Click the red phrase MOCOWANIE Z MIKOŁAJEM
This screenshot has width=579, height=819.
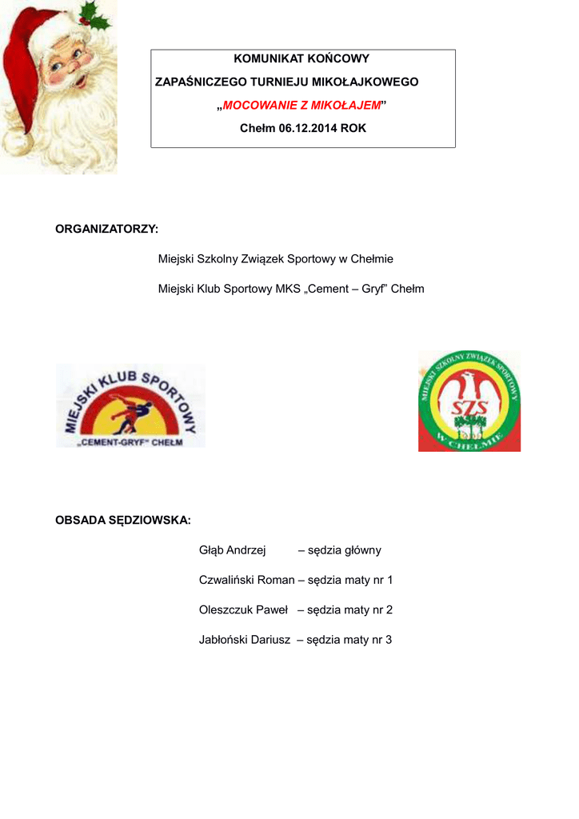tap(301, 105)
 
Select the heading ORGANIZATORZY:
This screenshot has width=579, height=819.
tap(106, 230)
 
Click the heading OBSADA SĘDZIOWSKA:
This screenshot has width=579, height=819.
tap(122, 521)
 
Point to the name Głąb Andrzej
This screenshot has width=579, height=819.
tap(232, 550)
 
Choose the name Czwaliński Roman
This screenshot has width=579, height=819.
tap(246, 580)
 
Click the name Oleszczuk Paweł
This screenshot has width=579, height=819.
tap(243, 610)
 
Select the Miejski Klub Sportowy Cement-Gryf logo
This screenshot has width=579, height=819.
tap(130, 406)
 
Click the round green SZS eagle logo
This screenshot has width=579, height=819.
tap(469, 402)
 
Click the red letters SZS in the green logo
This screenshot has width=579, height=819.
tap(469, 408)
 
